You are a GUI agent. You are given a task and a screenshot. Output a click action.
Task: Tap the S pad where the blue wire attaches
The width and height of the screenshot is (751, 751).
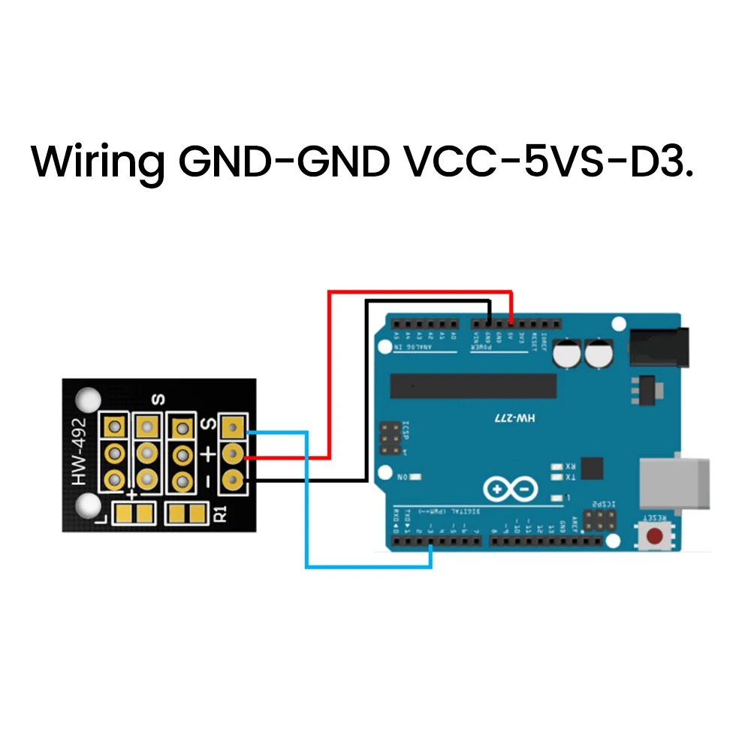(234, 429)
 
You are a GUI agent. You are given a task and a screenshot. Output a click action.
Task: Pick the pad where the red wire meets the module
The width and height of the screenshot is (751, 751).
(234, 454)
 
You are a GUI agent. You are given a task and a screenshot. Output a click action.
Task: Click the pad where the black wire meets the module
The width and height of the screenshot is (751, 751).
(234, 478)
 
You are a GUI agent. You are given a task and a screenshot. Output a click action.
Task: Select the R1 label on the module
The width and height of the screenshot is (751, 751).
(220, 514)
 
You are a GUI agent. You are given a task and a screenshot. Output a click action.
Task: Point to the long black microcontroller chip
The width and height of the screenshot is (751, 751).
(473, 386)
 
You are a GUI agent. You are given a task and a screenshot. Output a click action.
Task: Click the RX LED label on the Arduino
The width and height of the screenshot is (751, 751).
(570, 466)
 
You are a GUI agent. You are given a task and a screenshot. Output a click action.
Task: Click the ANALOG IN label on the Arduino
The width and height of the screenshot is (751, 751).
(424, 348)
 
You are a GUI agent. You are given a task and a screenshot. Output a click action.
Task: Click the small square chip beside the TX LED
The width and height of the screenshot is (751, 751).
(593, 467)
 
